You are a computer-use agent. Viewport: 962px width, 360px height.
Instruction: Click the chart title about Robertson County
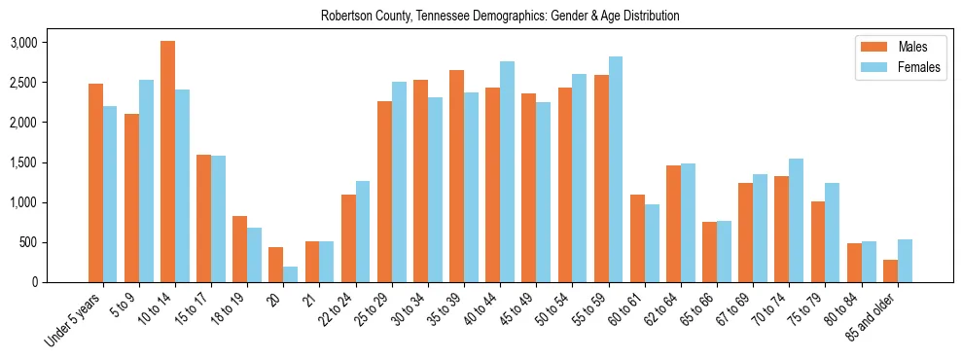(x=500, y=16)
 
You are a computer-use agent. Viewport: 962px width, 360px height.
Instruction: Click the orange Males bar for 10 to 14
(x=167, y=162)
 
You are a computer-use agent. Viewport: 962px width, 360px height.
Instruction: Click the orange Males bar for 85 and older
(x=890, y=270)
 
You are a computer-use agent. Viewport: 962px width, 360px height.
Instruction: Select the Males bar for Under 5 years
(x=95, y=183)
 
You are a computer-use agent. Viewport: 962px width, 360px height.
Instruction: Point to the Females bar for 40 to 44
(x=508, y=172)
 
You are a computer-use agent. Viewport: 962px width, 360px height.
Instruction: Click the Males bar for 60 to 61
(x=637, y=238)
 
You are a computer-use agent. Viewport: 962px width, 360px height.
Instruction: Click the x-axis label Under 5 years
(x=76, y=320)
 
